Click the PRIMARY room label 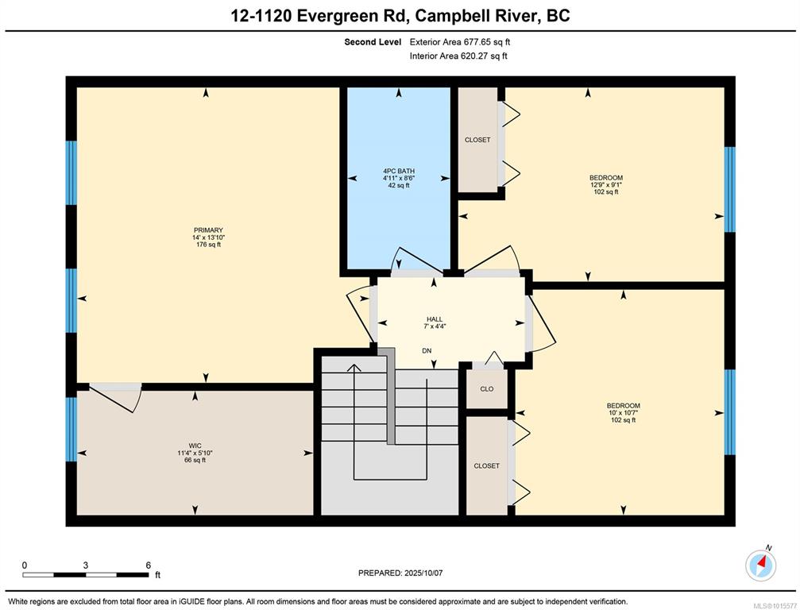click(x=208, y=230)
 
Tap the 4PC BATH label click(x=399, y=171)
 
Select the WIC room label click(x=195, y=446)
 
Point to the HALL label click(x=435, y=319)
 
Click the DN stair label click(x=427, y=351)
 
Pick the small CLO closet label click(x=487, y=388)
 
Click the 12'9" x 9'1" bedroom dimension click(x=606, y=185)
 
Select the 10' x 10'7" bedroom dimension click(x=624, y=412)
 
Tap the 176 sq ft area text click(x=209, y=245)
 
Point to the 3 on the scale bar click(x=86, y=565)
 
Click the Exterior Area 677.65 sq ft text click(x=460, y=42)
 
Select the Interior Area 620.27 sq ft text click(x=458, y=56)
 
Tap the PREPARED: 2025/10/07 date click(x=400, y=573)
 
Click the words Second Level click(x=373, y=42)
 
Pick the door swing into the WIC click(x=114, y=398)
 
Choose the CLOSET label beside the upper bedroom click(x=477, y=140)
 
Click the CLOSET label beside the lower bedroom click(x=487, y=465)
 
